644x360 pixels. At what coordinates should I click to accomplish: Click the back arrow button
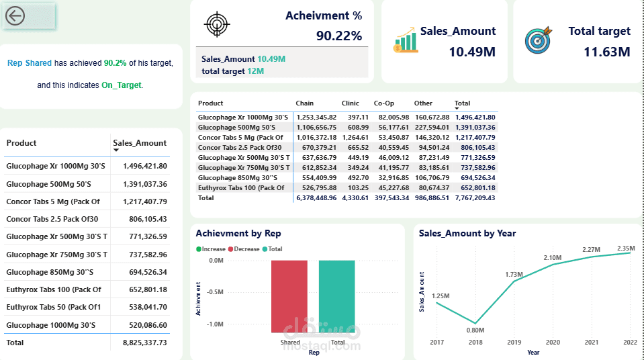[x=15, y=16]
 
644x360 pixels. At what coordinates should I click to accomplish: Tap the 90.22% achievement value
[x=338, y=36]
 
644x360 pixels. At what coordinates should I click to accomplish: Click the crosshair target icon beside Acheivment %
[x=216, y=24]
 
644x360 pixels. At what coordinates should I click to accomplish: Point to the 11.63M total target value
[x=606, y=52]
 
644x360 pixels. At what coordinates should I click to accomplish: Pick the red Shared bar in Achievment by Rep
[x=290, y=296]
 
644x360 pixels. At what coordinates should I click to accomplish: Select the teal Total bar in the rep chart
[x=337, y=296]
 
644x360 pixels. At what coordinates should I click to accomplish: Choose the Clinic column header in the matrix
[x=350, y=103]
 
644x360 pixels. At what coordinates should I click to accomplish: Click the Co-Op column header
[x=383, y=103]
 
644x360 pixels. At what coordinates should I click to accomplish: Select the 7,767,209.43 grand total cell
[x=475, y=198]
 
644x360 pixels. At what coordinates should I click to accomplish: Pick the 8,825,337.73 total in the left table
[x=145, y=343]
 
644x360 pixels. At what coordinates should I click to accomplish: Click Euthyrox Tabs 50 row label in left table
[x=53, y=307]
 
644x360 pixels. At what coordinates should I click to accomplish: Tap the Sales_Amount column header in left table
[x=140, y=143]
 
